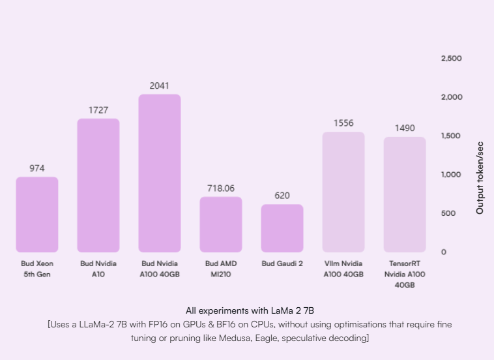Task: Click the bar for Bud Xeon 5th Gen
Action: [x=37, y=215]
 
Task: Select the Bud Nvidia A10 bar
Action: [x=98, y=185]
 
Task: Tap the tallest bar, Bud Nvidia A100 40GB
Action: [x=160, y=173]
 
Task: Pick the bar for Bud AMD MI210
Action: [x=221, y=224]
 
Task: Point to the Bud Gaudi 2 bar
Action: [x=282, y=228]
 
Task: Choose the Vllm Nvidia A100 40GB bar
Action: [x=343, y=192]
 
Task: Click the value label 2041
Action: [x=160, y=85]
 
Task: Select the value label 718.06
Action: [x=221, y=188]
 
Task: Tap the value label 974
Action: [x=37, y=168]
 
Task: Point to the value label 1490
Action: [x=405, y=128]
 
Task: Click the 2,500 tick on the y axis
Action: [x=452, y=58]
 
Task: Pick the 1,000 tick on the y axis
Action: [x=452, y=174]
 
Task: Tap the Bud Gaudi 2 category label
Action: [x=282, y=263]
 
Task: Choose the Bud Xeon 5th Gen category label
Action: [x=37, y=269]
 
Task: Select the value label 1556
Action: [x=343, y=123]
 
